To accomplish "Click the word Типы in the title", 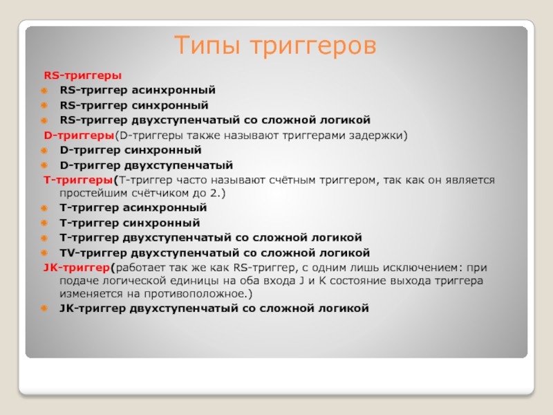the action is pyautogui.click(x=208, y=45).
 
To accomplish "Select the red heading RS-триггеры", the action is pyautogui.click(x=82, y=75).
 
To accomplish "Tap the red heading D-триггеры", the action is pyautogui.click(x=79, y=135).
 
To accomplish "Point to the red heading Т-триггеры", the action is pyautogui.click(x=78, y=180).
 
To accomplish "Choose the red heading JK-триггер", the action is pyautogui.click(x=77, y=268).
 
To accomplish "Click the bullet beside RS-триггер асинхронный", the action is pyautogui.click(x=44, y=91).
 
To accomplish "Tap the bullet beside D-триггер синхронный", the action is pyautogui.click(x=44, y=151).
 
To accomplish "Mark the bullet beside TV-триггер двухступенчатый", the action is pyautogui.click(x=44, y=253).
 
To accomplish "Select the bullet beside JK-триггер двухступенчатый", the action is pyautogui.click(x=44, y=308).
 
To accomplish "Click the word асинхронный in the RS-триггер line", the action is pyautogui.click(x=174, y=91).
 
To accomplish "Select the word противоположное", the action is pyautogui.click(x=195, y=294).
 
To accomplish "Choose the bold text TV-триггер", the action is pyautogui.click(x=94, y=253).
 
